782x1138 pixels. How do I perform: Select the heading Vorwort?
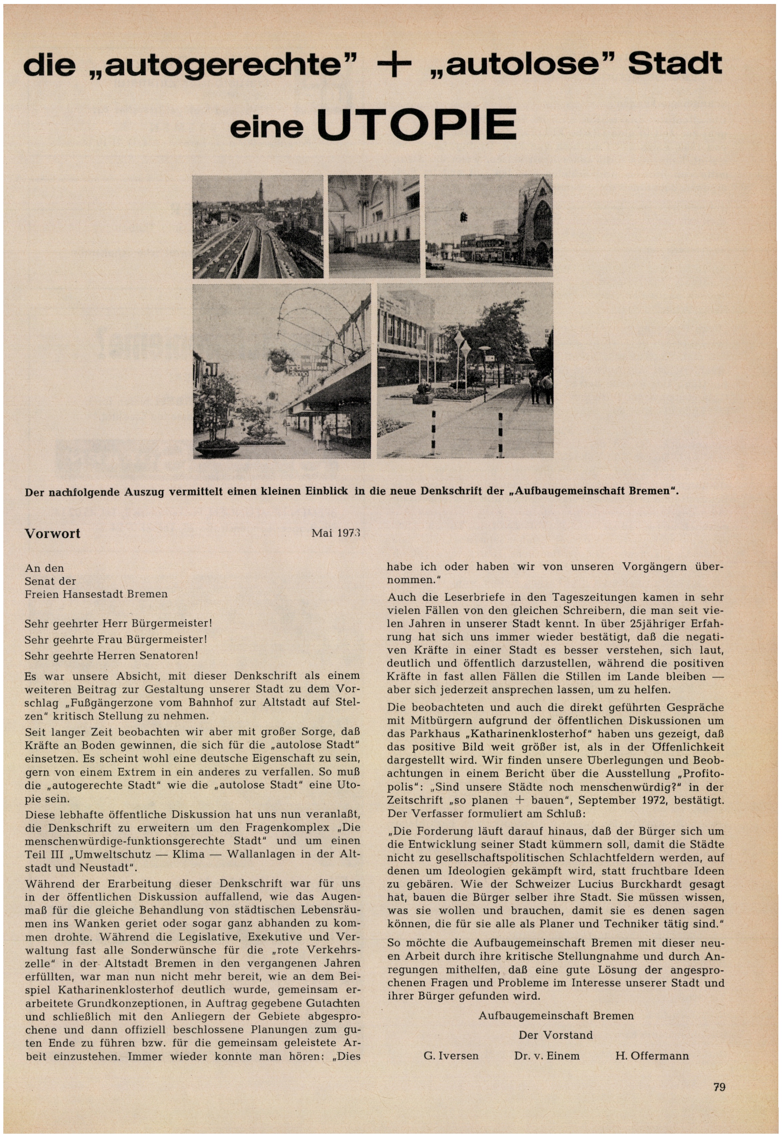(x=52, y=533)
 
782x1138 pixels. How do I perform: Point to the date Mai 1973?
(x=336, y=533)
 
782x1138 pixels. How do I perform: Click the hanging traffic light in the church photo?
(x=463, y=216)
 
